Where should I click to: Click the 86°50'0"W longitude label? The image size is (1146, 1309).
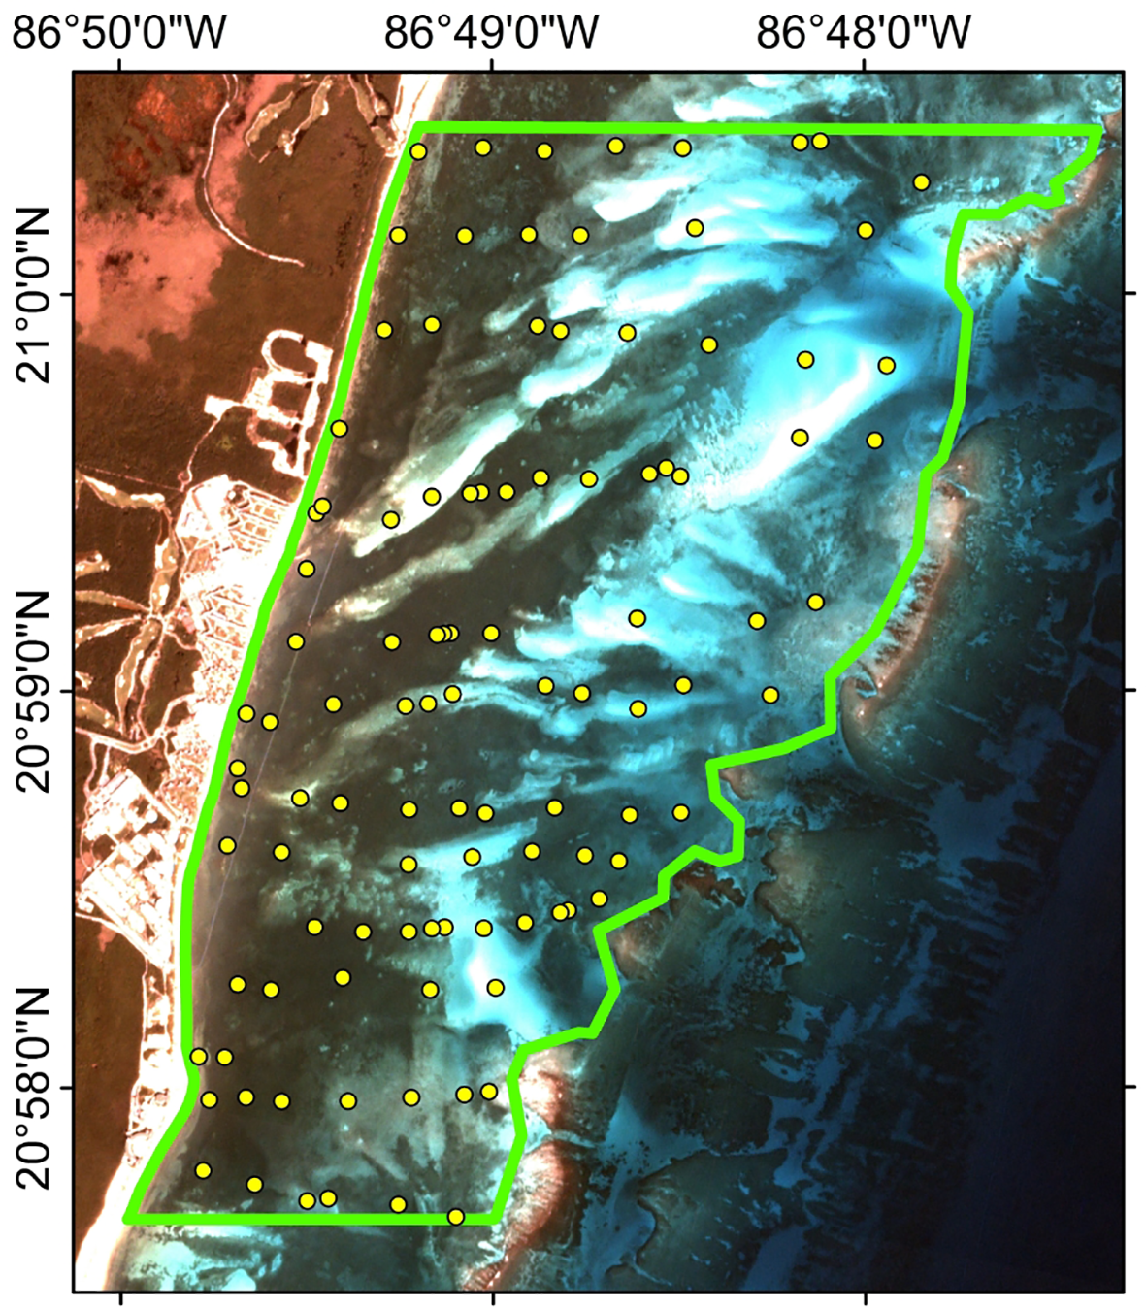click(119, 33)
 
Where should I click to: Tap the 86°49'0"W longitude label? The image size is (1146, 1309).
click(492, 33)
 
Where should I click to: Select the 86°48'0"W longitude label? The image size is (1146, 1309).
click(864, 33)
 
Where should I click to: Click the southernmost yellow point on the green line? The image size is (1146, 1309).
click(455, 1216)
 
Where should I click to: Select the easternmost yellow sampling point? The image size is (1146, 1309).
click(921, 182)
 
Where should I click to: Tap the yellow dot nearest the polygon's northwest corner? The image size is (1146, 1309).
click(418, 151)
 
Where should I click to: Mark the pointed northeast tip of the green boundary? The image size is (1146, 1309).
click(1102, 129)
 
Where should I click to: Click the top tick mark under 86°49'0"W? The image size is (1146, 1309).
click(492, 64)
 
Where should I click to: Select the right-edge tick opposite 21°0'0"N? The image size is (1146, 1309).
click(1130, 293)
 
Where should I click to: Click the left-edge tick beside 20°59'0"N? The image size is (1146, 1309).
click(67, 690)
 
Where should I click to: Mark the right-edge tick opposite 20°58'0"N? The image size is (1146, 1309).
click(1130, 1087)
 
